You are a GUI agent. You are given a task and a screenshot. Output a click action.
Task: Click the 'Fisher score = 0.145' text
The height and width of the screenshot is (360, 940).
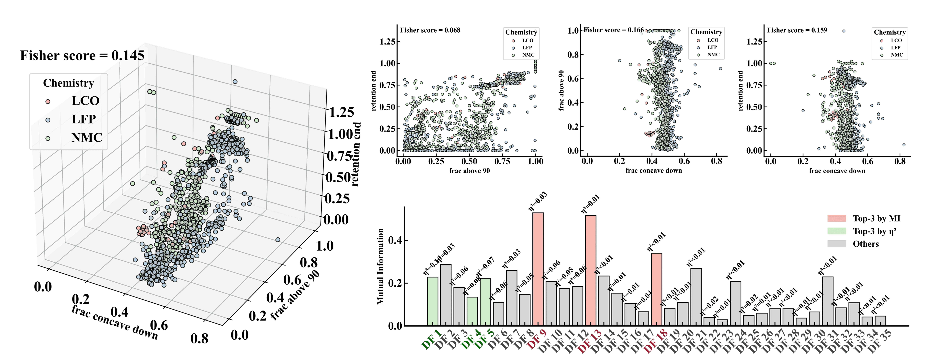click(x=82, y=55)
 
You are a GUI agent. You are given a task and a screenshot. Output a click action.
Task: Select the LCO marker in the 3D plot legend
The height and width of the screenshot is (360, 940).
click(x=47, y=101)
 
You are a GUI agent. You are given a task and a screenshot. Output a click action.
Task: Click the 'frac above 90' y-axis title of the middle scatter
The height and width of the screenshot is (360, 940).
click(x=561, y=90)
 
